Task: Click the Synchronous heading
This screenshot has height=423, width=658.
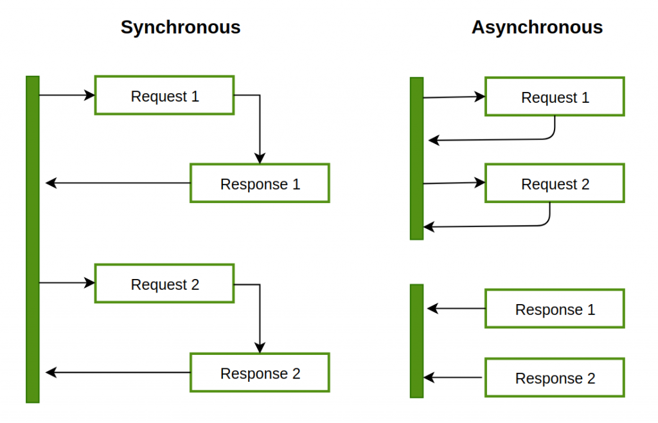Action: (181, 28)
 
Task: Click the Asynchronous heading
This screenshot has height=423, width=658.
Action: (537, 28)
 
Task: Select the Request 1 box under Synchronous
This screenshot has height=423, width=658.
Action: (164, 96)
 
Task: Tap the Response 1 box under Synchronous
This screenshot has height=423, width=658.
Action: (260, 184)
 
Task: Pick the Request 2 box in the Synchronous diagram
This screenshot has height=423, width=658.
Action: (164, 284)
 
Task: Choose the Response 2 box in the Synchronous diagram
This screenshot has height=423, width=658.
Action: (260, 373)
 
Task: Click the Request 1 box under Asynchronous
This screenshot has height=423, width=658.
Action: (554, 97)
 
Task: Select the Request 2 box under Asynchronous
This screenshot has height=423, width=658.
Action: (554, 184)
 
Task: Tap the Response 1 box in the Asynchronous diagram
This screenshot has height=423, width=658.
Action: (554, 309)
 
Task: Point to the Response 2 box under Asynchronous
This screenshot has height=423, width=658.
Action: (554, 378)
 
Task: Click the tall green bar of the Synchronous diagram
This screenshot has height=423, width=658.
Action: (33, 239)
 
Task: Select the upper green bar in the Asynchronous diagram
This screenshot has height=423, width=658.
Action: (416, 158)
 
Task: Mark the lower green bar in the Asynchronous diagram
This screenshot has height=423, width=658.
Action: (416, 341)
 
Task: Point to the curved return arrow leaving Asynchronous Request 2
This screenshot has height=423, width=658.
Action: (488, 226)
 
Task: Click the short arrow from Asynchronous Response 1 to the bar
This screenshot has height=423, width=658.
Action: (456, 309)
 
